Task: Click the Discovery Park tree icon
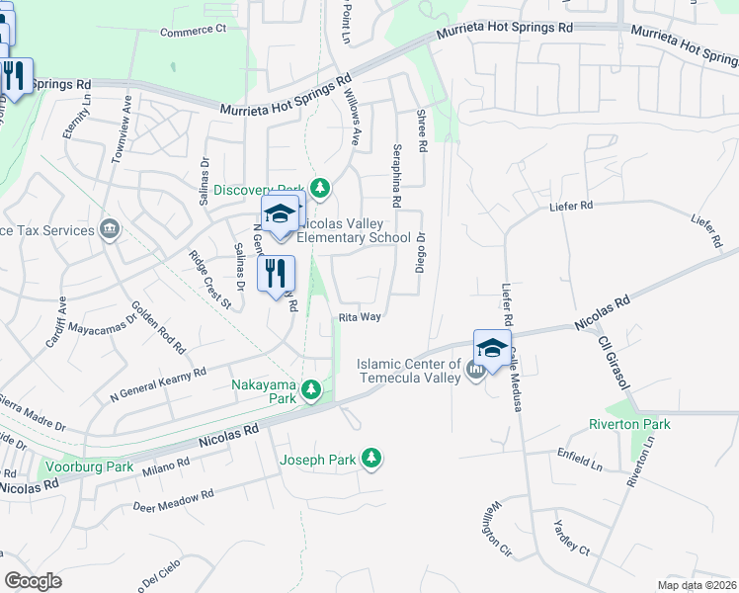pyautogui.click(x=319, y=187)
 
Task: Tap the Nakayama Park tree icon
pyautogui.click(x=312, y=391)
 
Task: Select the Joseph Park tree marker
pyautogui.click(x=371, y=458)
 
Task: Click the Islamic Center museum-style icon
pyautogui.click(x=477, y=371)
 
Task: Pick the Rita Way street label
pyautogui.click(x=360, y=317)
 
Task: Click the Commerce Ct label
pyautogui.click(x=194, y=31)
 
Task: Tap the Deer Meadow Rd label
pyautogui.click(x=173, y=500)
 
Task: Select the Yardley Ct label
pyautogui.click(x=571, y=537)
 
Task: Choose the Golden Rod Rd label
pyautogui.click(x=158, y=327)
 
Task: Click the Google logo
pyautogui.click(x=33, y=580)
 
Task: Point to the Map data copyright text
pyautogui.click(x=697, y=584)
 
